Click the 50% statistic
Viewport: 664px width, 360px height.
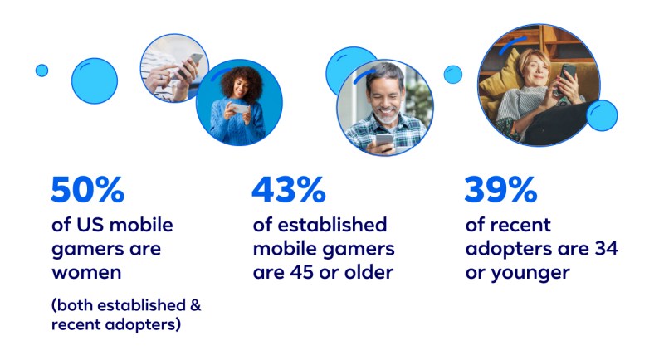click(x=88, y=189)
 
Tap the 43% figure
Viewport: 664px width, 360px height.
click(x=289, y=189)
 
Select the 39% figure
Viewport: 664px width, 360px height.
click(x=501, y=189)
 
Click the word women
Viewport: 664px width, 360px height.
click(x=86, y=272)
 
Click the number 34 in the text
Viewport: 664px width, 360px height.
click(x=607, y=248)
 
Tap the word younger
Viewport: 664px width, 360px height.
click(x=530, y=274)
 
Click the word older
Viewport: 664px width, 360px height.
click(x=369, y=272)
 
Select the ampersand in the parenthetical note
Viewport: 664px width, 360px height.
click(x=195, y=305)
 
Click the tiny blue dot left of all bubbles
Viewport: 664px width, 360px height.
click(x=42, y=71)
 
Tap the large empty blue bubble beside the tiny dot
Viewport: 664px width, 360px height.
click(x=95, y=80)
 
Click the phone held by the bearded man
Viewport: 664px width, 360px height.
click(x=384, y=141)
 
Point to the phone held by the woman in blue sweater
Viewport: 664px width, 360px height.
click(x=240, y=109)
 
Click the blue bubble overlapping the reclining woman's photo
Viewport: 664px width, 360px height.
click(x=602, y=115)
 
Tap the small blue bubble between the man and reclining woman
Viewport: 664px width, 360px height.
click(x=453, y=75)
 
